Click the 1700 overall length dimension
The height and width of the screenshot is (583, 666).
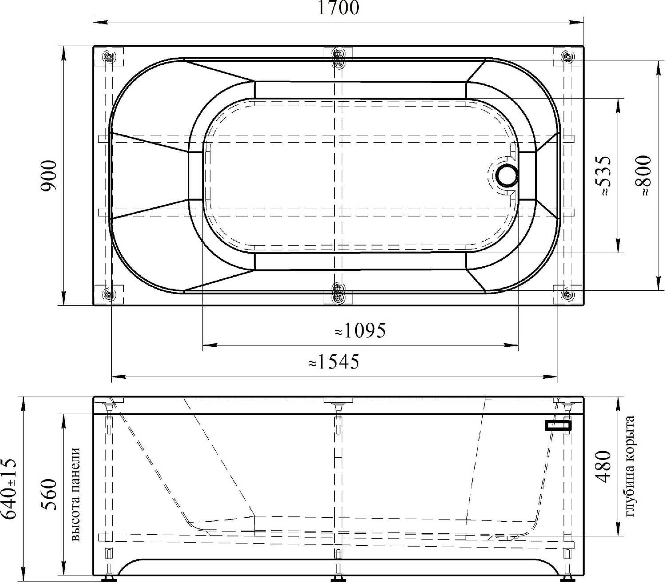(338, 8)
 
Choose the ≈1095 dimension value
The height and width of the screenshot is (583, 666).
(360, 330)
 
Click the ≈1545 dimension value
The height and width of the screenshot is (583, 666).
(334, 361)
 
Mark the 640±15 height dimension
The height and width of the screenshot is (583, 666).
(8, 488)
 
